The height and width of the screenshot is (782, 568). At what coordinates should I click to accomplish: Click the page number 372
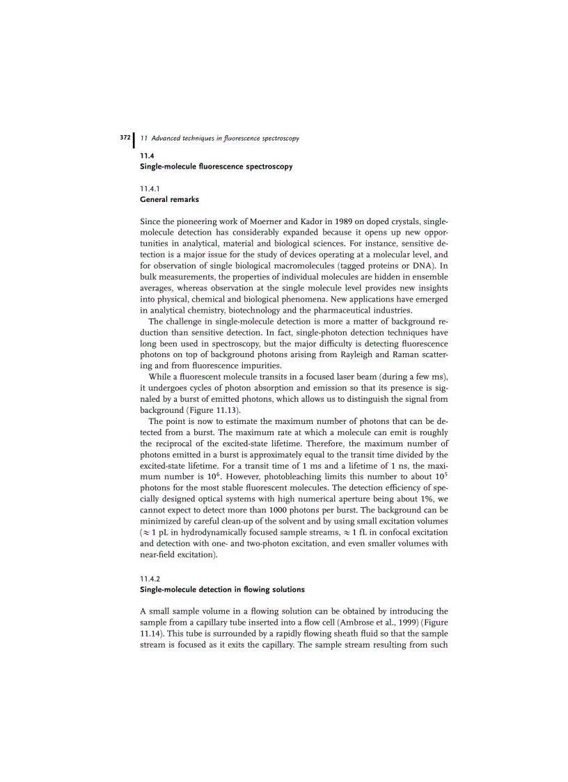tap(125, 138)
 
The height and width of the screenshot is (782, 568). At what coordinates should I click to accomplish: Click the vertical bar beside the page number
tap(134, 139)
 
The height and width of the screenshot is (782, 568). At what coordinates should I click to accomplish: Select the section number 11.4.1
tap(150, 188)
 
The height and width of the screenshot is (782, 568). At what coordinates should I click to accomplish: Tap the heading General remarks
tap(169, 199)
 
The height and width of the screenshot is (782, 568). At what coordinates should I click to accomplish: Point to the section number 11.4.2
tap(150, 579)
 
